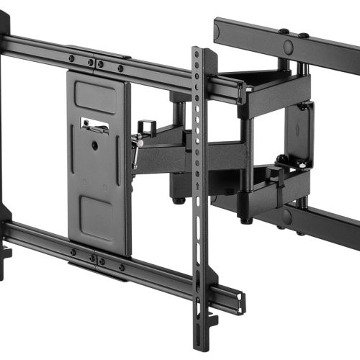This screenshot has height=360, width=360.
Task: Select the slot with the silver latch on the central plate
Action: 96,125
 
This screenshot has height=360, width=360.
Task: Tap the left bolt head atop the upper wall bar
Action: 284,31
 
